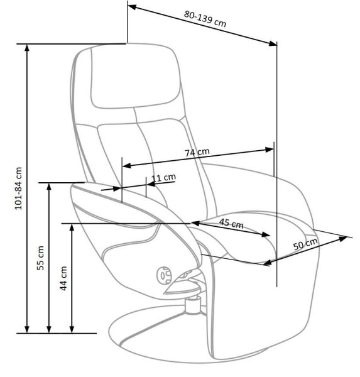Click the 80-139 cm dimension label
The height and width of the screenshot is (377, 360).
click(x=205, y=19)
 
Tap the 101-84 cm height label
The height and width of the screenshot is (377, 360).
click(x=18, y=188)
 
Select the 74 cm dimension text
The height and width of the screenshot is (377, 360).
click(x=197, y=152)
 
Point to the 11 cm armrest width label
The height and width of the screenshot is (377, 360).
click(x=164, y=178)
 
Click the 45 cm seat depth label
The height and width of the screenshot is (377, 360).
click(x=231, y=223)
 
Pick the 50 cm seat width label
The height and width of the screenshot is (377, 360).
click(x=305, y=244)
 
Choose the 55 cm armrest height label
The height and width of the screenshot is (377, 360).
click(x=40, y=258)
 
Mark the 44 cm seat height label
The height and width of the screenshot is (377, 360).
click(x=63, y=278)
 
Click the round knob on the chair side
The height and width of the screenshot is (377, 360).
click(x=164, y=275)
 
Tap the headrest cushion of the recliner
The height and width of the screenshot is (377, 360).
click(x=135, y=76)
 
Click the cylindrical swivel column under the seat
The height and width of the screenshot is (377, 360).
click(x=193, y=305)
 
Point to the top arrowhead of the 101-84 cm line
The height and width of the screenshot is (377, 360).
click(x=27, y=48)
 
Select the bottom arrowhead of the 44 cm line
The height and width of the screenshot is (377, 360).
click(x=72, y=329)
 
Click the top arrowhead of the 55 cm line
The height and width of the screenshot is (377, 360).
click(x=49, y=187)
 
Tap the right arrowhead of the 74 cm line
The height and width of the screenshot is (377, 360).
click(x=269, y=150)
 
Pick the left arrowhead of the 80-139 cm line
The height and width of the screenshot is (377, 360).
click(x=133, y=8)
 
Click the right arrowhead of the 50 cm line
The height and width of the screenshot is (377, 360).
click(x=342, y=238)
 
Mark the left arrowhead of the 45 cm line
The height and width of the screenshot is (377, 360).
click(x=195, y=223)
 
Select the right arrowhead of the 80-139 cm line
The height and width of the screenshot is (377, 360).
click(x=273, y=43)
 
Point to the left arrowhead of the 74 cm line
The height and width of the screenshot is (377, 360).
click(x=127, y=165)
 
